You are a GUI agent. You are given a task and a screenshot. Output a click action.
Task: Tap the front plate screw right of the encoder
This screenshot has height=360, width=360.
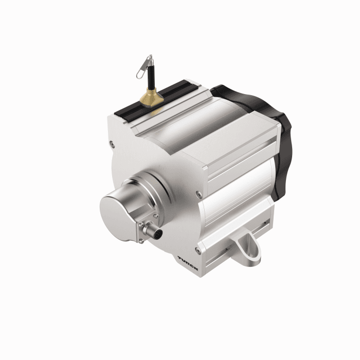pos(199,194)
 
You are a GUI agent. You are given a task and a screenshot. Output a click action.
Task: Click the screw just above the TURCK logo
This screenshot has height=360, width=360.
pos(197,250)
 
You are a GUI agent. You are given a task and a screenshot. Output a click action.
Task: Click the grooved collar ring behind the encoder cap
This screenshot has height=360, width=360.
pos(141,188)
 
